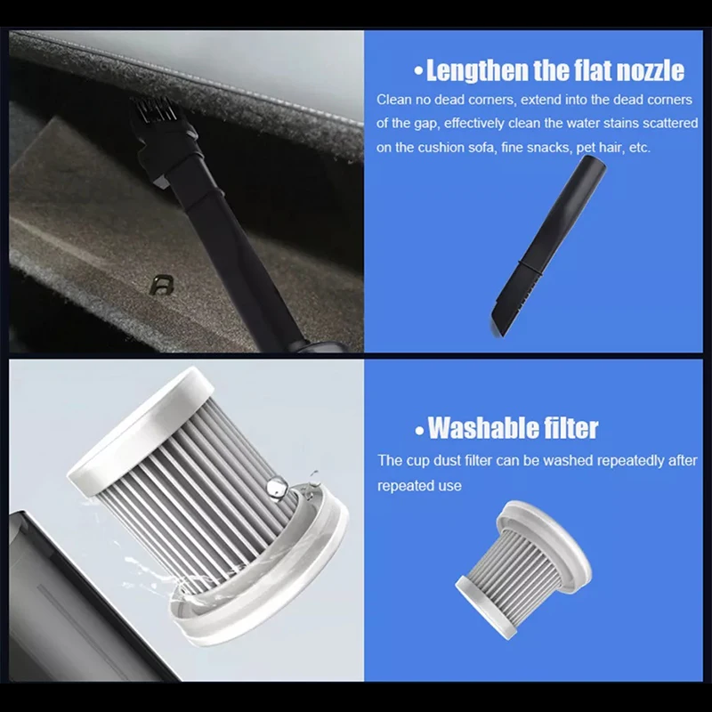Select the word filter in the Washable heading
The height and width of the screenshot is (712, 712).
565,428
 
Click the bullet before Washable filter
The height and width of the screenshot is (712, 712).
419,430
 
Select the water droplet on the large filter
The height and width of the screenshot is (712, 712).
277,487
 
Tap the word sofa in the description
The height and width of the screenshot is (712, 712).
479,148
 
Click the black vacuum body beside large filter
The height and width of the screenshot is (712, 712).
62,596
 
